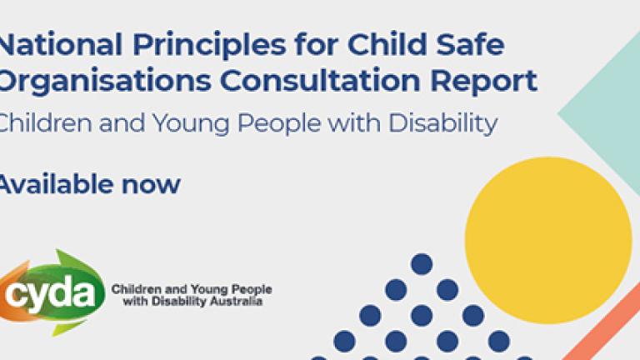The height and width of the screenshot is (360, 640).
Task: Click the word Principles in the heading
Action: pos(209,46)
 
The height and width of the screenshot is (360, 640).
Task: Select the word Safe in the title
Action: pos(470,43)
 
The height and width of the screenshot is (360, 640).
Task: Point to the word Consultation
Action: pos(320,80)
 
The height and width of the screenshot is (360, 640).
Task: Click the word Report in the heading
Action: pos(483,82)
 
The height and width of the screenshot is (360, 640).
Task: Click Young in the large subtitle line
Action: pos(191,124)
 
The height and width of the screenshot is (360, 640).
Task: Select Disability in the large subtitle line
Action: pos(442,122)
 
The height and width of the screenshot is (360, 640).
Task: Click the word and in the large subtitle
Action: pos(122,122)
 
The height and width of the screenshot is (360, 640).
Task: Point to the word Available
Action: pos(56,183)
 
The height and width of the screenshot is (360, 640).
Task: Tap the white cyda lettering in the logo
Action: pos(50,293)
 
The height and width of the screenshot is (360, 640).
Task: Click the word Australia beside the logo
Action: pos(236,302)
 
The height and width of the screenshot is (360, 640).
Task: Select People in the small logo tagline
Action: pos(252,290)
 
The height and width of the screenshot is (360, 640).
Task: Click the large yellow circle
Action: pos(548,240)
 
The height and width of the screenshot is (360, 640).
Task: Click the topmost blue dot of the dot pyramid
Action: pos(422,264)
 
